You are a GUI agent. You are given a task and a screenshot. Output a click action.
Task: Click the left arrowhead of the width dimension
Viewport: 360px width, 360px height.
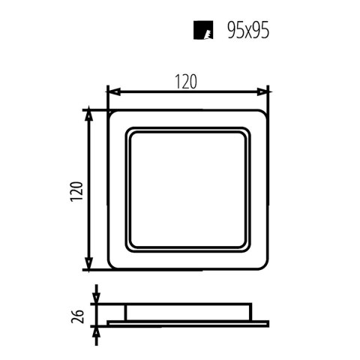(x=111, y=92)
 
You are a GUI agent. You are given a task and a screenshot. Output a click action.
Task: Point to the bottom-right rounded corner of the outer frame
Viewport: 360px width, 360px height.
(x=265, y=265)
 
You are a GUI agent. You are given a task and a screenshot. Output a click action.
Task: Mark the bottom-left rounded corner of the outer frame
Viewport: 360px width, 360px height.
(x=112, y=265)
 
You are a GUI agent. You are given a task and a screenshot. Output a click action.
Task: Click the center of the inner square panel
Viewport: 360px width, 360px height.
(x=188, y=189)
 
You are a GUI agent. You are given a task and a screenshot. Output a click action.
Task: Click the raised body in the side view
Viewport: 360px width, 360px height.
(x=188, y=311)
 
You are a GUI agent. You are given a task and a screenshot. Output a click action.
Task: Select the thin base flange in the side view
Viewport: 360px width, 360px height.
(x=188, y=322)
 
